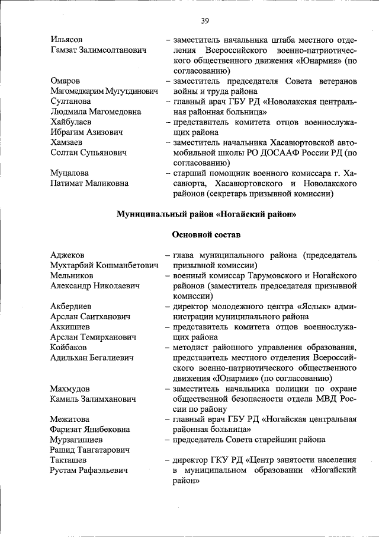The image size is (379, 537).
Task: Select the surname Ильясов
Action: (x=66, y=39)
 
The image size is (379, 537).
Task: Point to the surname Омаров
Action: (x=65, y=80)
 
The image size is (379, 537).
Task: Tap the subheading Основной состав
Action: (x=205, y=235)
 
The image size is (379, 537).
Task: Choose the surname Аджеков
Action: (x=68, y=255)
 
